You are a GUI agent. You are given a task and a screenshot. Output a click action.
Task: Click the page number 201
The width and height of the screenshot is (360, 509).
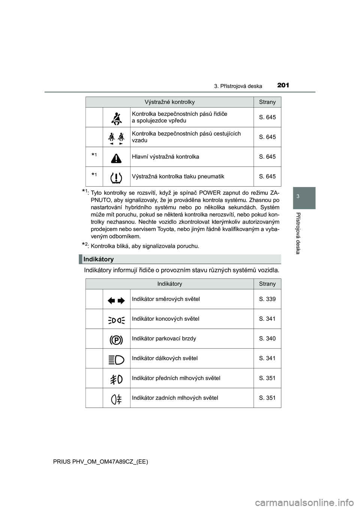click(283, 85)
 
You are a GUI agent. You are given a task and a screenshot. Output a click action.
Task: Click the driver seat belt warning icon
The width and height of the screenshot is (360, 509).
click(116, 118)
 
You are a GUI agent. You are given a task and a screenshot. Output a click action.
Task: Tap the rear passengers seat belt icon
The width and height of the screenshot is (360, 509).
click(116, 138)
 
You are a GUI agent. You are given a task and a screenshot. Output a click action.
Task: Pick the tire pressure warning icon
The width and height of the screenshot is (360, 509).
click(116, 177)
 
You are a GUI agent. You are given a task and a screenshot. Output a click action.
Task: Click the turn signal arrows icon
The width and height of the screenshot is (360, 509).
click(116, 300)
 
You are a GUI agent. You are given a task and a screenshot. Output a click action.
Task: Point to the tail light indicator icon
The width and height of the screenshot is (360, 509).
click(116, 320)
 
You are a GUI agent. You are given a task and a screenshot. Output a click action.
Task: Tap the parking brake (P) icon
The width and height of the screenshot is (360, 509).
click(116, 340)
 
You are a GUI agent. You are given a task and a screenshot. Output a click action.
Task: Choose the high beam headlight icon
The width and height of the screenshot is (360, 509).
click(116, 359)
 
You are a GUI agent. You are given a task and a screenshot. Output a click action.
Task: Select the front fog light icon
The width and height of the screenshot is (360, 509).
click(116, 379)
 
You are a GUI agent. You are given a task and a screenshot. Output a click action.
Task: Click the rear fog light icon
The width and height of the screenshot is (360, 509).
click(116, 399)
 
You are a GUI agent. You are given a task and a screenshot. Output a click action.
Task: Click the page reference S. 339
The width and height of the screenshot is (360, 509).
click(267, 299)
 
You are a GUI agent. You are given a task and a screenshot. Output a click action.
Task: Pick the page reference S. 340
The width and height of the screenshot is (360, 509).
click(267, 338)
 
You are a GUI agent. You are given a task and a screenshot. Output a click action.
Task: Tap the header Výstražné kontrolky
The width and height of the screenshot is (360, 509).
click(169, 102)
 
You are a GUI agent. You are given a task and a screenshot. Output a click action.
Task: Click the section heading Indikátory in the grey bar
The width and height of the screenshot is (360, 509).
click(99, 259)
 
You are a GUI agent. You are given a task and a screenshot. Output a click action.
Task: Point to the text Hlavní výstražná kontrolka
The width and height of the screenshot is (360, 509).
click(165, 157)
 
